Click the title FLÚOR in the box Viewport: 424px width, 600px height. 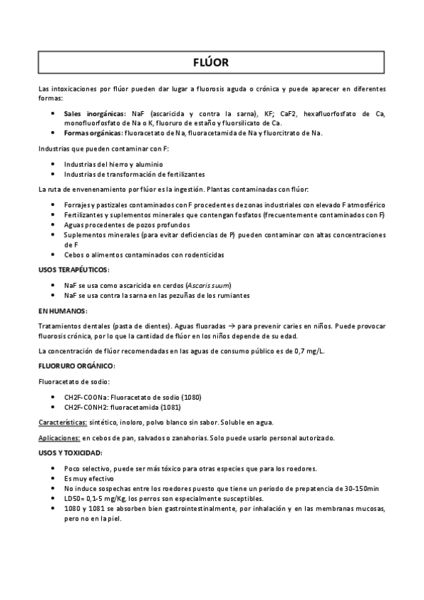pos(211,62)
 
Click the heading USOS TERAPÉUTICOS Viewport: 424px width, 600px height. pos(74,270)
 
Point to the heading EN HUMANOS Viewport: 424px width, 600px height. pos(62,311)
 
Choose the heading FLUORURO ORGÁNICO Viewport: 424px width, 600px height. pos(74,365)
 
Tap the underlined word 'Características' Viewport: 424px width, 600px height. pos(68,422)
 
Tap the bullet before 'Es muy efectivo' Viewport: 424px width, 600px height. pos(55,478)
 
